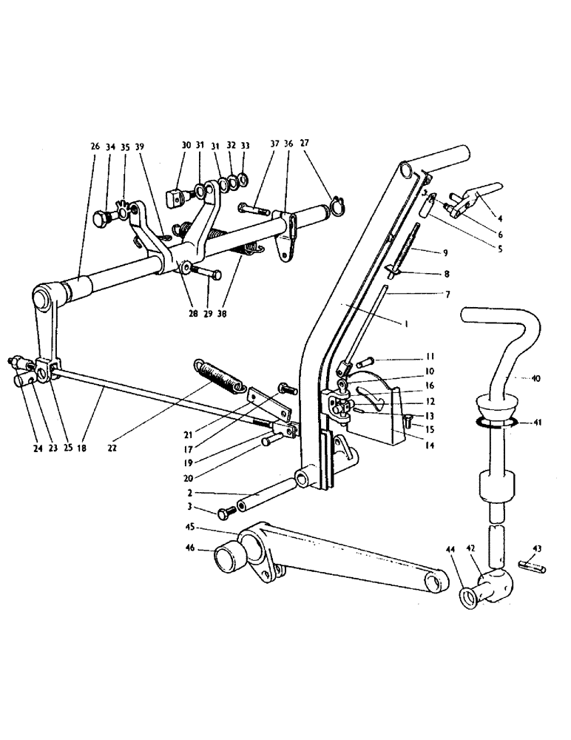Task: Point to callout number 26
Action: (95, 147)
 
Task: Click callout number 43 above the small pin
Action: (536, 548)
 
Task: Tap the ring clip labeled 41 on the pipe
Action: (494, 423)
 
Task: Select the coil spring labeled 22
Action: (219, 375)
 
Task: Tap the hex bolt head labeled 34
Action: (102, 219)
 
